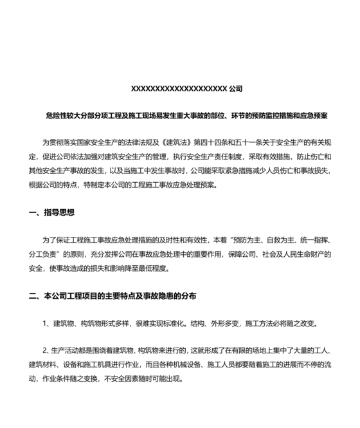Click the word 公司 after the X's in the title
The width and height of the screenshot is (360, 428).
(235, 88)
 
